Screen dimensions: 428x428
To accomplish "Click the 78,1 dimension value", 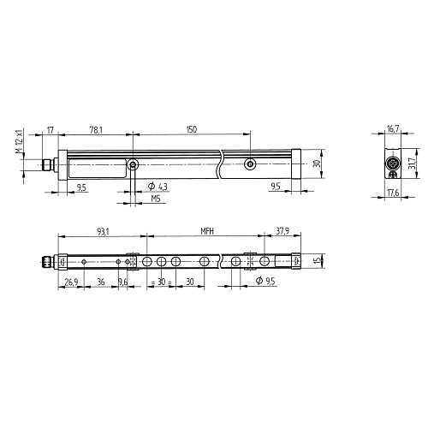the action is pos(96,130).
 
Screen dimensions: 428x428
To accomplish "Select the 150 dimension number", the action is pos(192,129).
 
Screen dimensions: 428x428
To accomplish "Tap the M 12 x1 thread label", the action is pos(19,141).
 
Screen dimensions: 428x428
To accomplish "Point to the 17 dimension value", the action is pos(51,130).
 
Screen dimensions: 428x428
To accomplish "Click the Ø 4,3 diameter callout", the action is pos(158,187).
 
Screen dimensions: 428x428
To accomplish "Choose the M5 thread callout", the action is pos(156,199).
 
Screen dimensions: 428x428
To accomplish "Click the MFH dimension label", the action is pos(207,231).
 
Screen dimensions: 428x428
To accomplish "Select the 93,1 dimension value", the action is pos(103,232).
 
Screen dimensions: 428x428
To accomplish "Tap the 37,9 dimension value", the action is pos(282,230).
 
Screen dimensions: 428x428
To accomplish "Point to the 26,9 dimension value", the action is pos(71,282).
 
